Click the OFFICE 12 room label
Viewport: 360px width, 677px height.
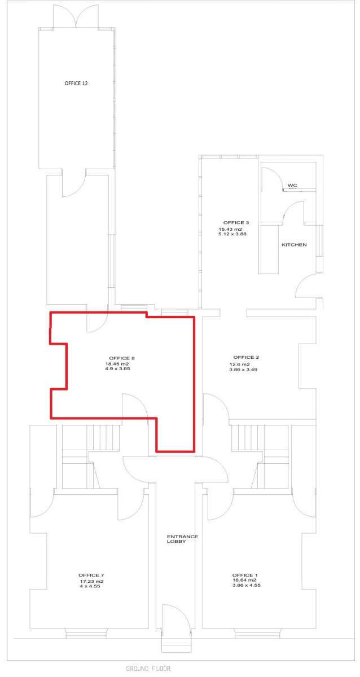click(x=76, y=83)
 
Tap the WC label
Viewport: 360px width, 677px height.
click(x=292, y=185)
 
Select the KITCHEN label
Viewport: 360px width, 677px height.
click(x=294, y=245)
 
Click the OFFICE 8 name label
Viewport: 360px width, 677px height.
click(x=122, y=358)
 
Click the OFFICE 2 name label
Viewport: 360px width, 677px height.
click(x=246, y=357)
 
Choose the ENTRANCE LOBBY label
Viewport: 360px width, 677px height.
click(x=182, y=539)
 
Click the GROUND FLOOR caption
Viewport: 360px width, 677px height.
click(x=148, y=669)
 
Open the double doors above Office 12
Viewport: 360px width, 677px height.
click(x=76, y=16)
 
